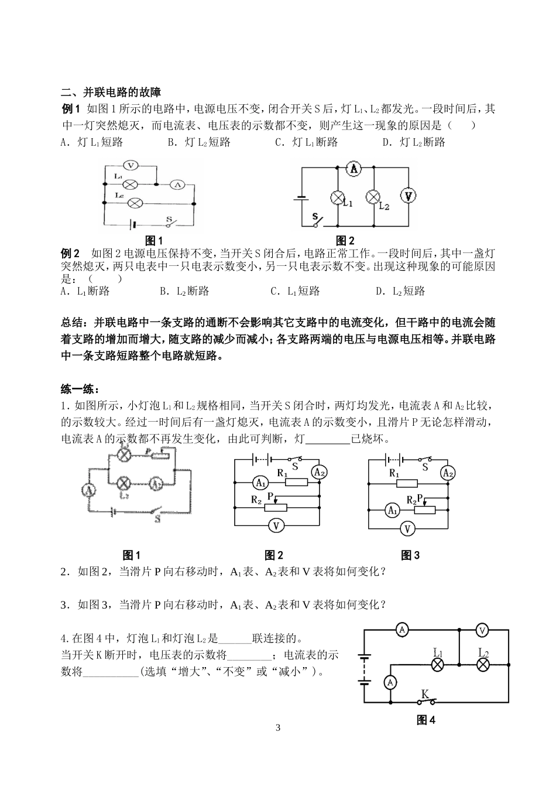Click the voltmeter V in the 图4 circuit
[x=482, y=630]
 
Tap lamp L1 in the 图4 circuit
[x=437, y=664]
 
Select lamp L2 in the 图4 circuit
[x=483, y=664]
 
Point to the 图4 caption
[x=425, y=720]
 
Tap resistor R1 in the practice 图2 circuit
[x=296, y=482]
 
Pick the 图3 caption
[x=410, y=555]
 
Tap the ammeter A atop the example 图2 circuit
[x=353, y=169]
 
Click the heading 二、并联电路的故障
[x=111, y=92]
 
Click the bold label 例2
[x=70, y=253]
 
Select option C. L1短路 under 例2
[x=295, y=291]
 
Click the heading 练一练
[x=80, y=389]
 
